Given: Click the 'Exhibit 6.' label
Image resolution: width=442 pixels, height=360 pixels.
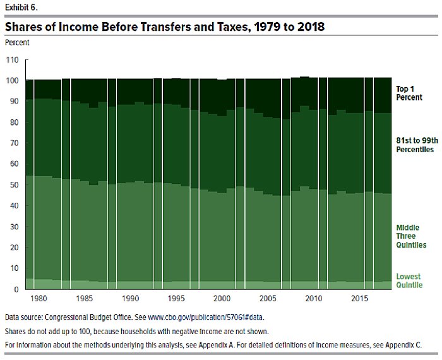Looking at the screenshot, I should click(20, 8).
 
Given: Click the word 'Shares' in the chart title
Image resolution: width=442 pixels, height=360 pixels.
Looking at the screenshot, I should click(27, 27).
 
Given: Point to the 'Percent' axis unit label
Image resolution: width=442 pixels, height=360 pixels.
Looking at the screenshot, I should click(17, 42).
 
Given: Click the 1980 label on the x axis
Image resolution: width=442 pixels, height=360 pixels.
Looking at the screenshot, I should click(40, 298).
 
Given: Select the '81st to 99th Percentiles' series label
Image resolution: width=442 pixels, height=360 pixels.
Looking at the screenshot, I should click(414, 145).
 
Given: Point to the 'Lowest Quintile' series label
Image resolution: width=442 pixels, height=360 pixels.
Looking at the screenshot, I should click(409, 281).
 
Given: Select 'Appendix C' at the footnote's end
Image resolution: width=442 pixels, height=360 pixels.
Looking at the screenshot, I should click(402, 345).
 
